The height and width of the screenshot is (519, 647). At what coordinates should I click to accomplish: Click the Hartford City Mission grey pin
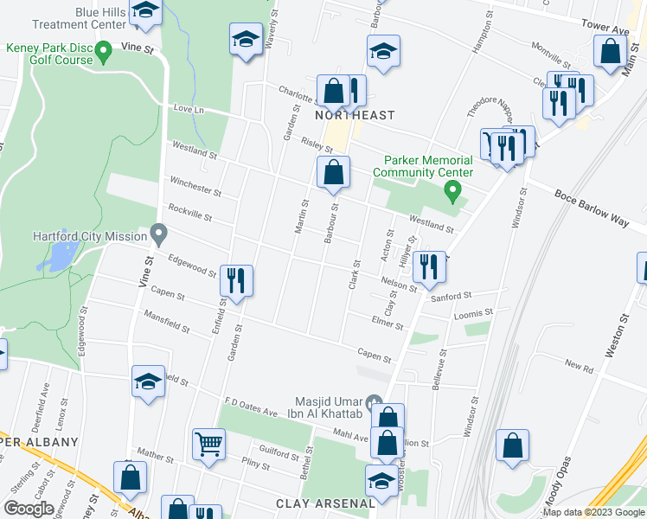158,234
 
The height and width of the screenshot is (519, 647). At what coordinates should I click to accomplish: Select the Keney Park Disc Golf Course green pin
104,54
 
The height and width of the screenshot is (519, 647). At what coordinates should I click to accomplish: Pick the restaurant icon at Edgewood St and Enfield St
235,279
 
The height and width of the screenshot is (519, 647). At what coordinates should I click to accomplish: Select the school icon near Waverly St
247,40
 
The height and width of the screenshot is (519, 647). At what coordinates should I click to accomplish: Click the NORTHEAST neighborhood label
355,115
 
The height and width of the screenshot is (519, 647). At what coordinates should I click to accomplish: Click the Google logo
29,509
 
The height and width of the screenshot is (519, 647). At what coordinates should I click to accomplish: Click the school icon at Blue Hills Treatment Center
145,11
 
